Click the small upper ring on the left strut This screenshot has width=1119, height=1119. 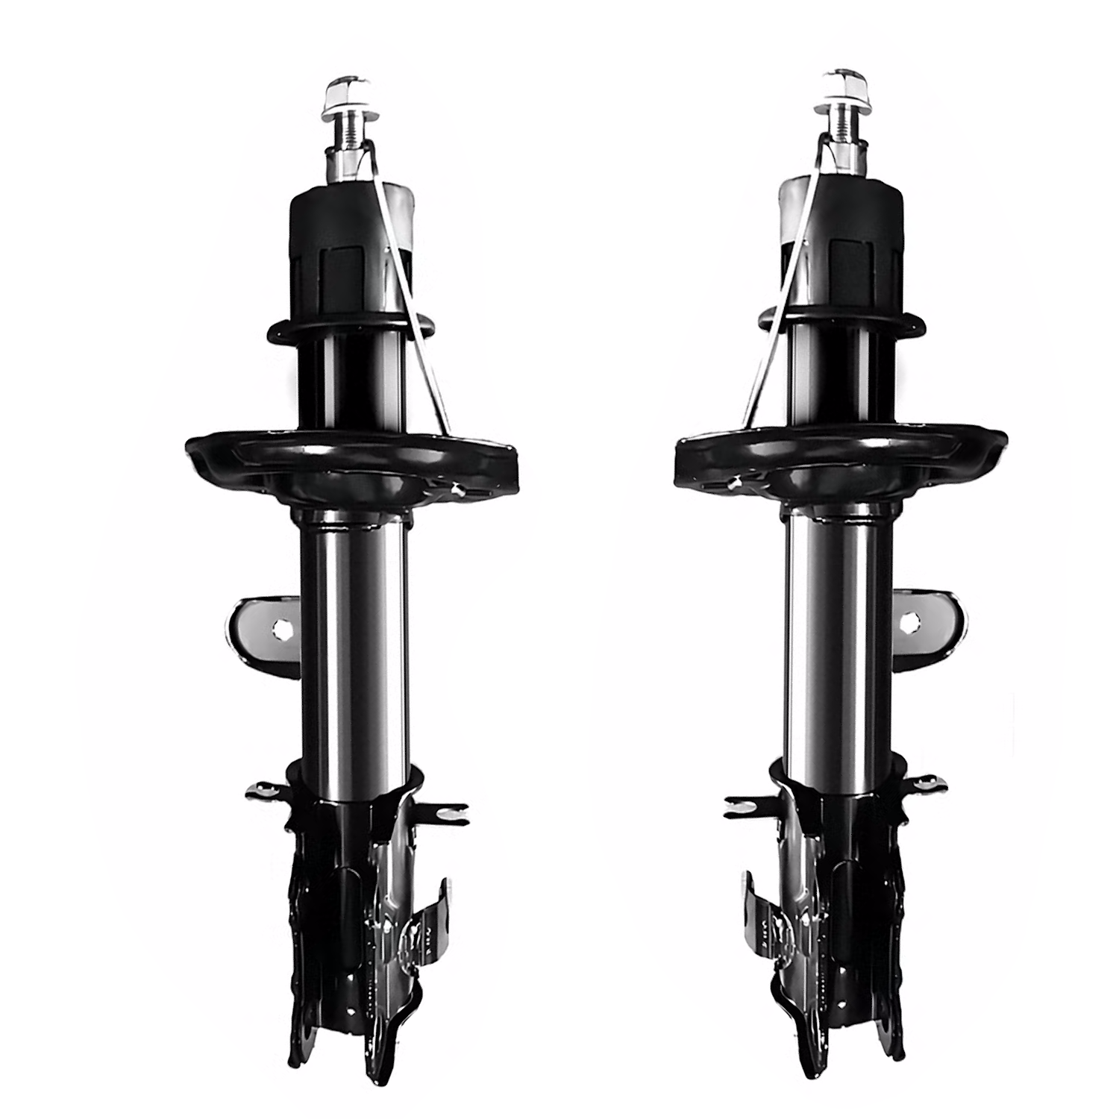[x=351, y=328]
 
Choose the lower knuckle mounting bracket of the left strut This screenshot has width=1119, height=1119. [x=358, y=932]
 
